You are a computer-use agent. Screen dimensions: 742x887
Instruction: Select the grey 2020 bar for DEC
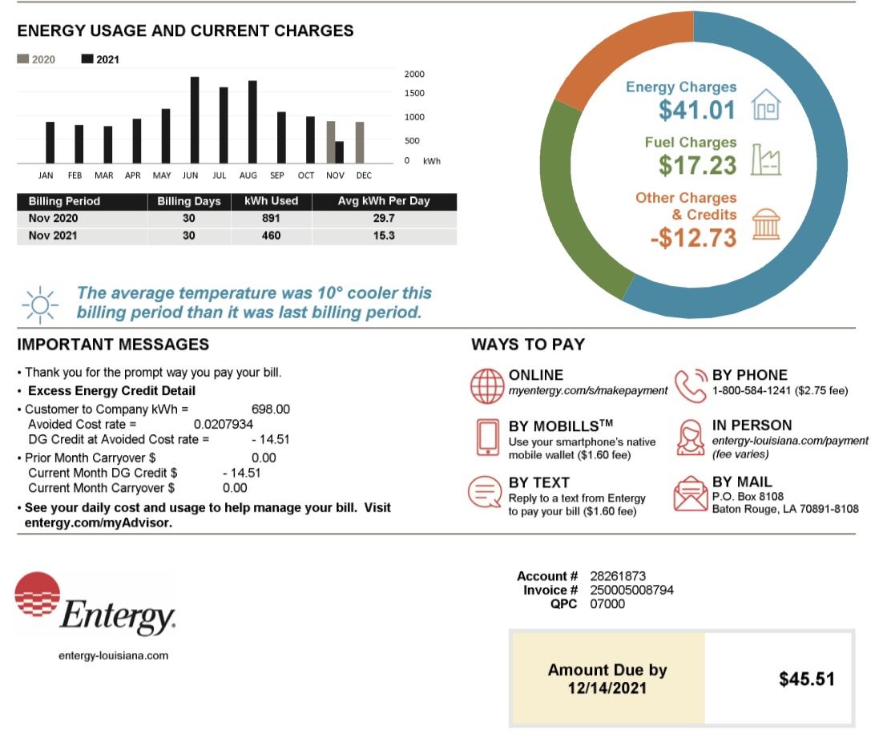pyautogui.click(x=360, y=142)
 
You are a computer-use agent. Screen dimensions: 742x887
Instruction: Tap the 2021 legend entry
pyautogui.click(x=100, y=59)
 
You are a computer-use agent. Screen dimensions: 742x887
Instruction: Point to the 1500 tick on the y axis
pyautogui.click(x=413, y=94)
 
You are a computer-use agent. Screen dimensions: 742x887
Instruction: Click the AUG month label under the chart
pyautogui.click(x=248, y=175)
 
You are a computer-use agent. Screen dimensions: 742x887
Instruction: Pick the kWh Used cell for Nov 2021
pyautogui.click(x=271, y=236)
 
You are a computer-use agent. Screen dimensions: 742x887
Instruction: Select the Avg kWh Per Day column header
pyautogui.click(x=384, y=201)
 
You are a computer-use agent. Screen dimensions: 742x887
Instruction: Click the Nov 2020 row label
pyautogui.click(x=54, y=219)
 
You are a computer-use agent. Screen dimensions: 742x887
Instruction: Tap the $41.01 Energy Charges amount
pyautogui.click(x=696, y=110)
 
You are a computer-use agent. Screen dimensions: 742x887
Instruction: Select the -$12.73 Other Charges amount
pyautogui.click(x=694, y=238)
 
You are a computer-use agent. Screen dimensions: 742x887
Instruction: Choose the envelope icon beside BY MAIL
pyautogui.click(x=691, y=494)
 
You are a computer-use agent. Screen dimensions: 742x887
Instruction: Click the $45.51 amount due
pyautogui.click(x=806, y=679)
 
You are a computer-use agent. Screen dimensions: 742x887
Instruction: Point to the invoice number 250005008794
pyautogui.click(x=631, y=590)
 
